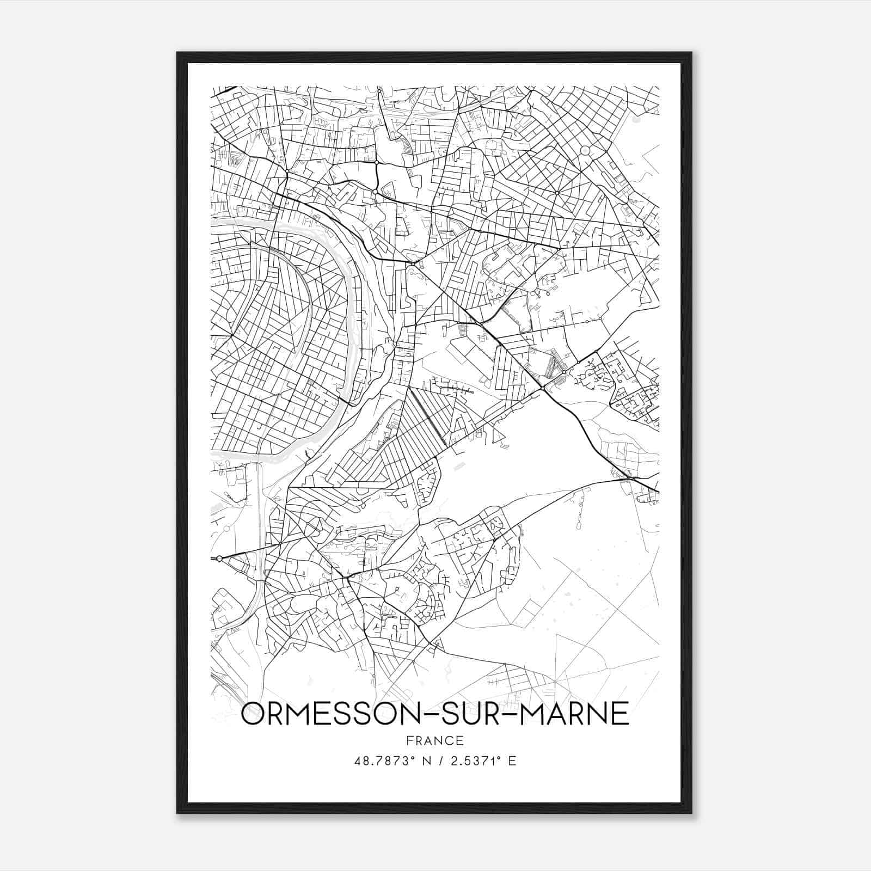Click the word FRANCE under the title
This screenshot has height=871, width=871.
tap(434, 740)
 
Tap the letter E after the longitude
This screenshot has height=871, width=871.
tap(512, 760)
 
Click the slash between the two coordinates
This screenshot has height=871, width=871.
tap(441, 760)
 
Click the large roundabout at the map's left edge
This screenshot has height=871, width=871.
tap(219, 559)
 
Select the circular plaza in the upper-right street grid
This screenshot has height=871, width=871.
tap(585, 150)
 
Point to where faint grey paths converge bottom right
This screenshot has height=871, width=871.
tap(554, 680)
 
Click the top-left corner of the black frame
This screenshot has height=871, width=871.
tap(178, 53)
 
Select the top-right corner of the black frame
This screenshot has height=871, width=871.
tap(691, 53)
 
